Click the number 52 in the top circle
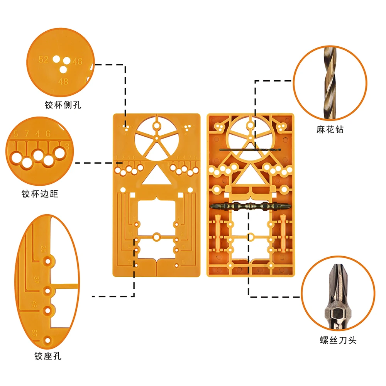43,60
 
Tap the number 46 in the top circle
77,61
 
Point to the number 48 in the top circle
63,81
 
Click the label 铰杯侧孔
63,105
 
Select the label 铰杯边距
40,194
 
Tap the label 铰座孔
48,356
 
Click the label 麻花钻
330,130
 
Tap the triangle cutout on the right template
250,175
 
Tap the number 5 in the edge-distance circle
16,134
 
